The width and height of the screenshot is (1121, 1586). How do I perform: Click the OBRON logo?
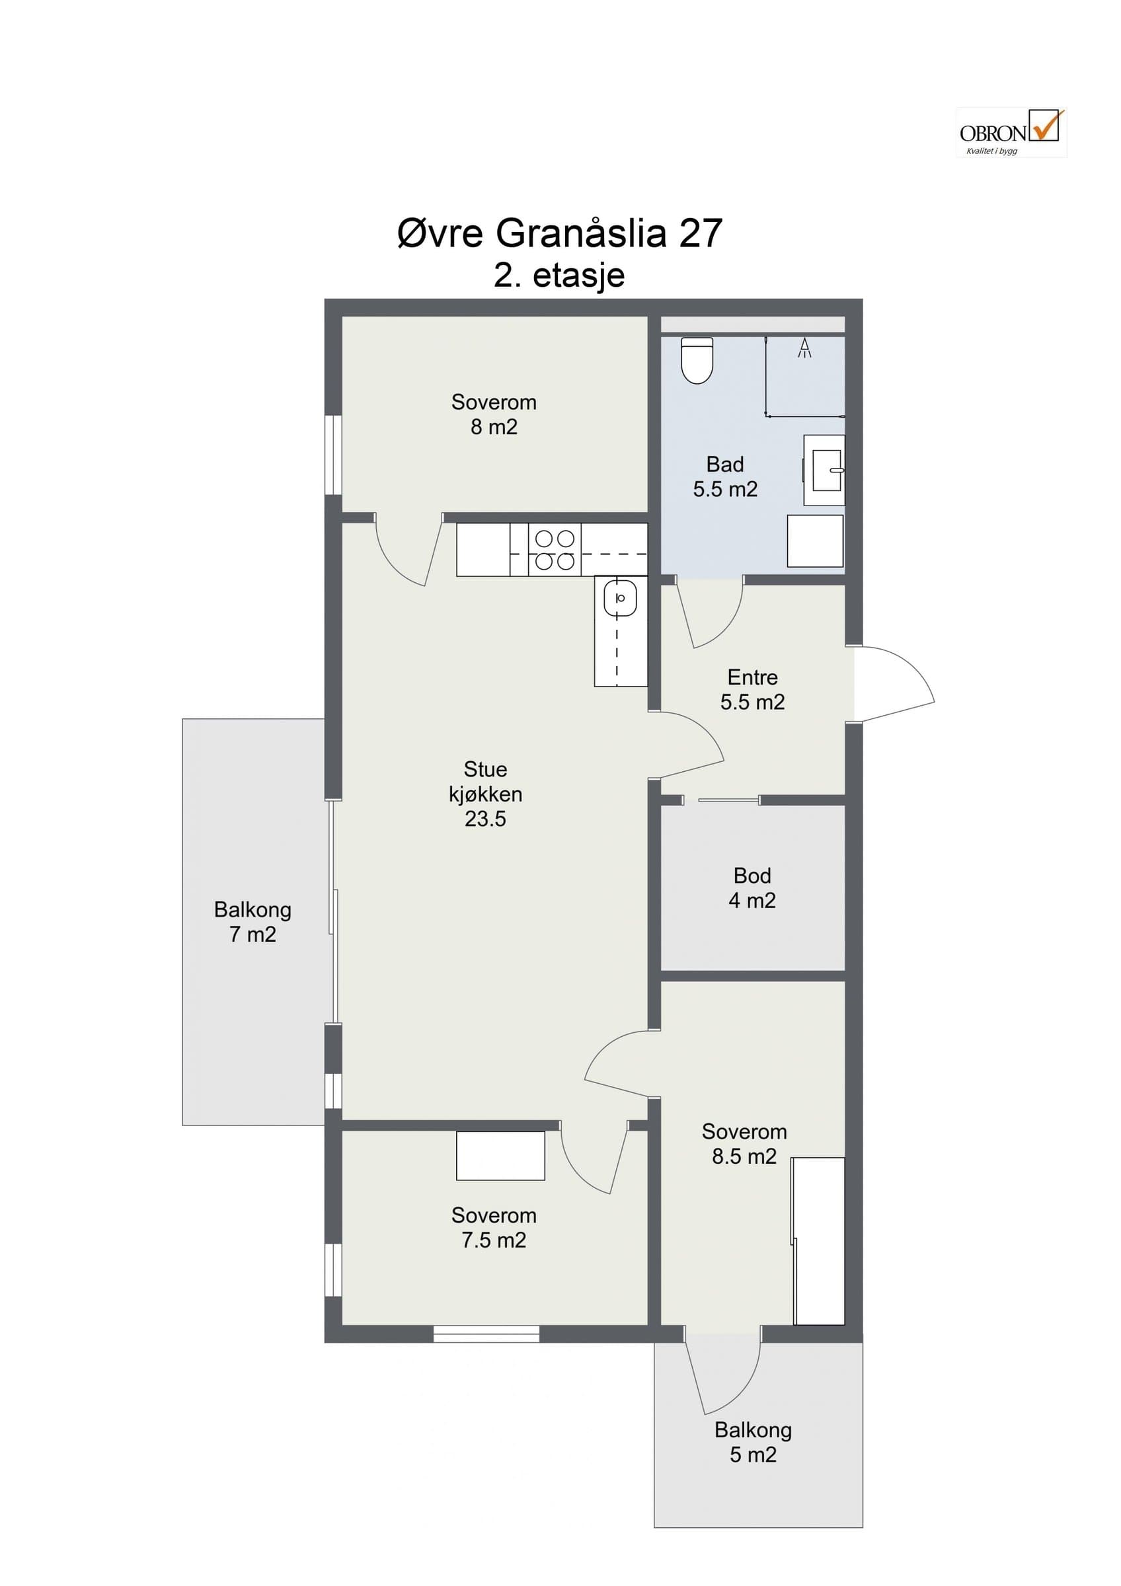coord(1011,133)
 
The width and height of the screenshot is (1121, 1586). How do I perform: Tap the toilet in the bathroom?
coord(697,360)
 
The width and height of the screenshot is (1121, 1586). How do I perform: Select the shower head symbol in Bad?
coord(804,348)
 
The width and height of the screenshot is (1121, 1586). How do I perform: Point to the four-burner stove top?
coord(555,550)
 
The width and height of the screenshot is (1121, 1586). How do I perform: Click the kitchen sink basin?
coord(620,598)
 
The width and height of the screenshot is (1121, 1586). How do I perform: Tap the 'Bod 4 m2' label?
coord(752,887)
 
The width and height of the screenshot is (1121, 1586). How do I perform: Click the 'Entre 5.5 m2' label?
coord(752,689)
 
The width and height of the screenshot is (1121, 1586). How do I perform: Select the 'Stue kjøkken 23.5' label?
coord(486,794)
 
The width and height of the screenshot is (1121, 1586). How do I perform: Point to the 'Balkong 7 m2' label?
coord(252,921)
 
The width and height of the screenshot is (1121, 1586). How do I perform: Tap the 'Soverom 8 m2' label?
coord(494,414)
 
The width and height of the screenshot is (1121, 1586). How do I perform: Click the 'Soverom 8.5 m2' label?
coord(744,1144)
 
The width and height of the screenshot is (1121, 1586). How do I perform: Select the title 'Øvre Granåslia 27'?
coord(559,233)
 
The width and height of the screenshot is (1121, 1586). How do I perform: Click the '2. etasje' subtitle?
coord(559,275)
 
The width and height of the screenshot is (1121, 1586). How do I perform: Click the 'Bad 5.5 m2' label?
coord(725,476)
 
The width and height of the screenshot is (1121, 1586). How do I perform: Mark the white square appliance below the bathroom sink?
coord(816,541)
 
